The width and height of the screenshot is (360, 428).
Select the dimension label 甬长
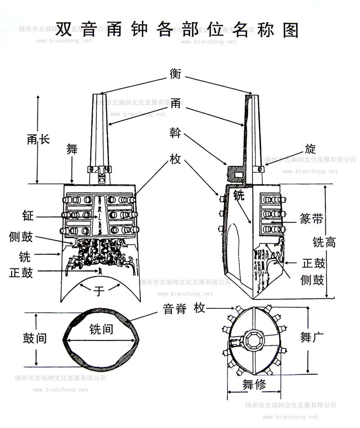click(x=38, y=139)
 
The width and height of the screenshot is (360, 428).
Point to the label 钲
click(x=27, y=216)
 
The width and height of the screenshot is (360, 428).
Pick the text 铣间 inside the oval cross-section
click(x=101, y=329)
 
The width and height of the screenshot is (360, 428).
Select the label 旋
click(x=310, y=149)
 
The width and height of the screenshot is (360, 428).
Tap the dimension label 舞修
click(x=254, y=384)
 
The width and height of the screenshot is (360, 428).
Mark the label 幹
click(x=175, y=132)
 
